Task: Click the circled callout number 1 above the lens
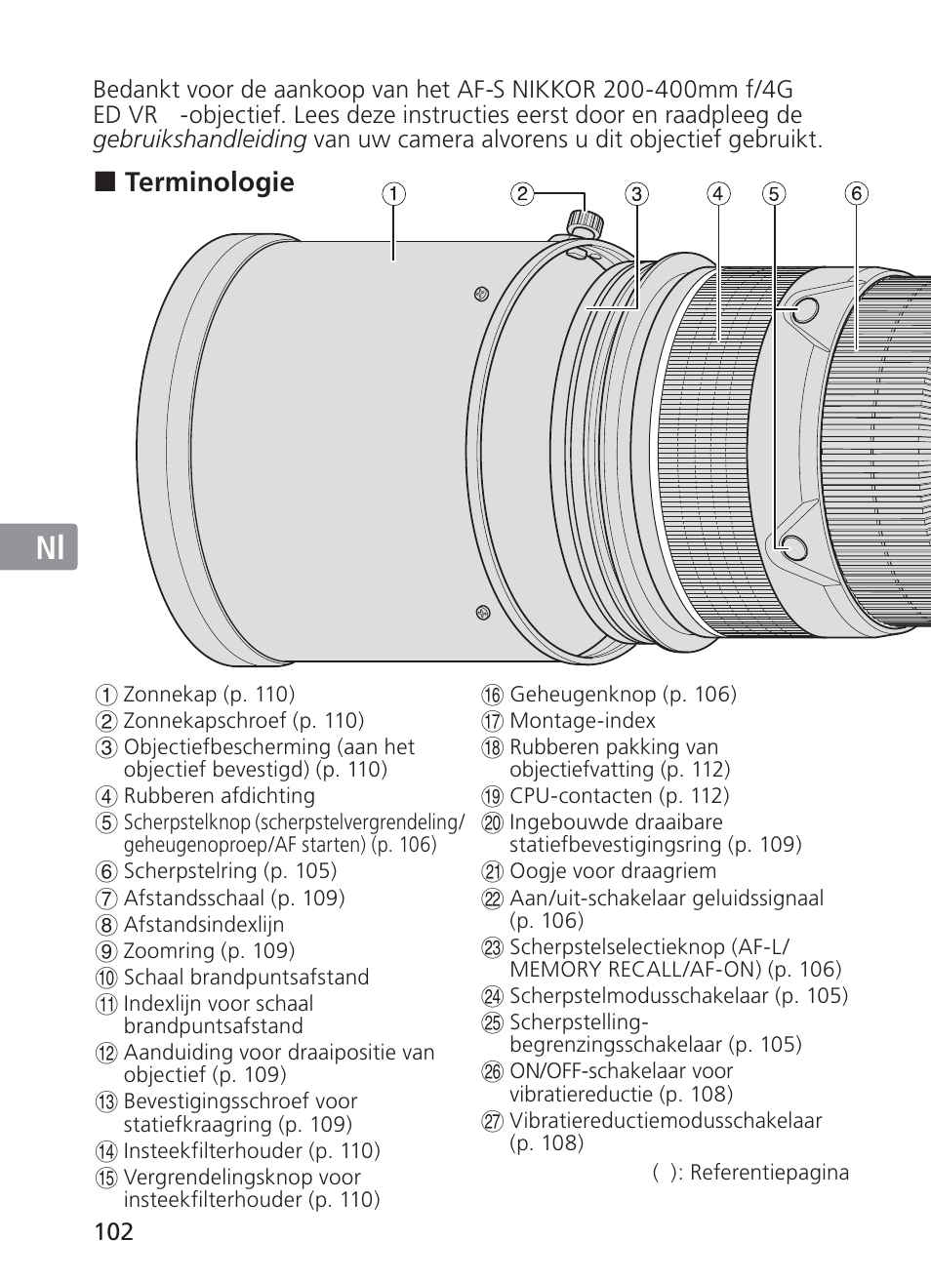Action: point(393,194)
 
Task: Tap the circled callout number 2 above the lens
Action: point(522,194)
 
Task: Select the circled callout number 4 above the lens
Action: point(718,194)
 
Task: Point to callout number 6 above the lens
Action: point(856,194)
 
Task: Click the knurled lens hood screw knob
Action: point(584,221)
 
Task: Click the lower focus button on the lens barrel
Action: point(793,548)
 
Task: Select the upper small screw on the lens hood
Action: point(482,295)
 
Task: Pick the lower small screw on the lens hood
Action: point(483,613)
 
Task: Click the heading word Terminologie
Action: point(209,182)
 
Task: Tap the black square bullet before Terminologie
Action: point(104,181)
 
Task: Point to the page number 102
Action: point(114,1231)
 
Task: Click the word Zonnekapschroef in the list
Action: point(205,721)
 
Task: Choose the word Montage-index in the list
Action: point(583,721)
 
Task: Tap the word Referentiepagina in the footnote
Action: point(769,1172)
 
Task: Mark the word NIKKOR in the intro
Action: point(553,90)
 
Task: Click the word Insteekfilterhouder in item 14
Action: point(213,1149)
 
